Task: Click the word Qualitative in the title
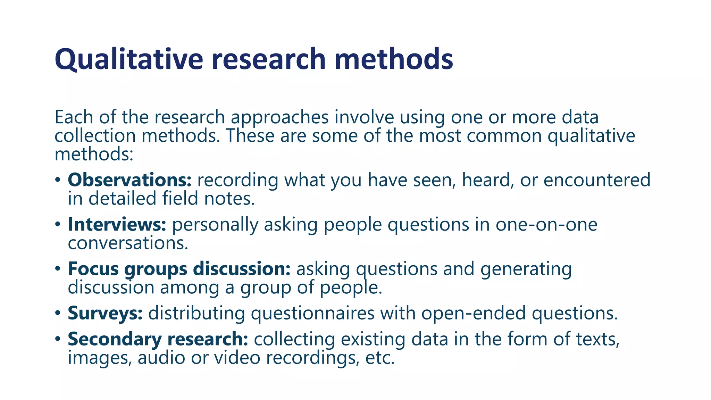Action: click(128, 59)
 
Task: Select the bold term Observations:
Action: click(129, 180)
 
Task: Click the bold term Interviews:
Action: click(117, 224)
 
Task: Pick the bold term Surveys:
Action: click(105, 313)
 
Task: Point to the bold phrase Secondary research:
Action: click(158, 339)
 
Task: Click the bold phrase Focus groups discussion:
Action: click(179, 269)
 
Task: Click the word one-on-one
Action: click(546, 224)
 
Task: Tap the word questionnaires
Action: click(312, 313)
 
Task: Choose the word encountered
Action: click(597, 180)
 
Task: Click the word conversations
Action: click(128, 243)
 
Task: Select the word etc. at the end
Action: click(380, 358)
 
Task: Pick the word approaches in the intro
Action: click(279, 117)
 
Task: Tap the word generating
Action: click(526, 269)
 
